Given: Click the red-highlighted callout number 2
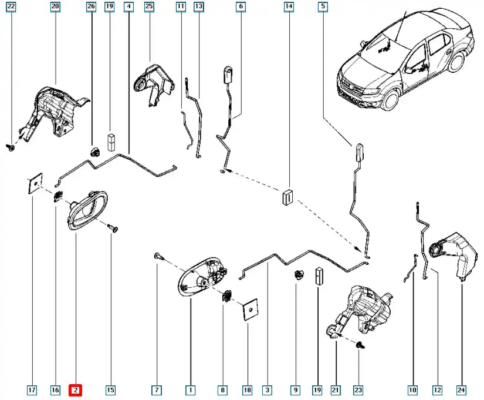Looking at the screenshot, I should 76,389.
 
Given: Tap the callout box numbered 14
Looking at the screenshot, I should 289,7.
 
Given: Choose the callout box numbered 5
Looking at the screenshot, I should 322,7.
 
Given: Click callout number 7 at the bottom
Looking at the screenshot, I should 157,389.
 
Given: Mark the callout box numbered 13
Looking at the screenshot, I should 198,7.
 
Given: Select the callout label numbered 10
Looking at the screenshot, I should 412,389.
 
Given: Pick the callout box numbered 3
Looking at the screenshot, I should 267,389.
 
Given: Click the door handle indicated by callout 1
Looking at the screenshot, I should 199,279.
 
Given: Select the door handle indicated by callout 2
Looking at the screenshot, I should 84,210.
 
